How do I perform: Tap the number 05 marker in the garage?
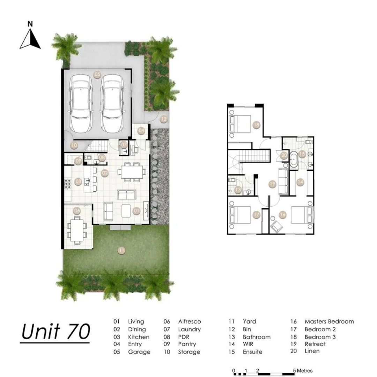click(97, 74)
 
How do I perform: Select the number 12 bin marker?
click(164, 119)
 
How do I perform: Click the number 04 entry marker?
click(141, 131)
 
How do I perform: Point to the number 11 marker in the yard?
click(122, 251)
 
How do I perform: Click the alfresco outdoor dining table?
click(77, 230)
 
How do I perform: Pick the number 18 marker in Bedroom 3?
click(257, 125)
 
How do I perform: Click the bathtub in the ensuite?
click(294, 159)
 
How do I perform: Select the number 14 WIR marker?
click(300, 182)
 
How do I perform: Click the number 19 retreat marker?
click(272, 184)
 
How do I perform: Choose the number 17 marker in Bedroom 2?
click(257, 214)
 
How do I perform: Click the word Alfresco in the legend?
click(190, 321)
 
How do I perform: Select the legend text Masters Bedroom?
click(329, 321)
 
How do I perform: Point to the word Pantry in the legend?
click(187, 344)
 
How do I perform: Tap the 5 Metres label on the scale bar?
click(303, 370)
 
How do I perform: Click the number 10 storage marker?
click(74, 145)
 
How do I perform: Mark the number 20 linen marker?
click(284, 156)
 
